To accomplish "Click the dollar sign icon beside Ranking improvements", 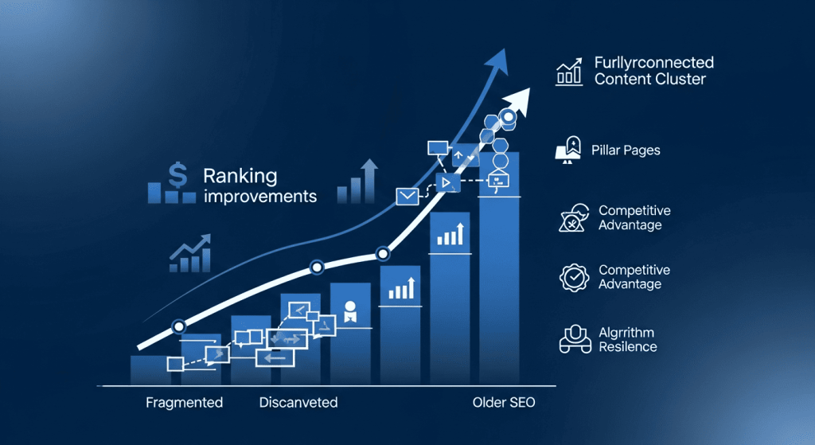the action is [177, 174].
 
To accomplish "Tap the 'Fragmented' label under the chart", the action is [184, 402].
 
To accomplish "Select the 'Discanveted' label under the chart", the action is [298, 402].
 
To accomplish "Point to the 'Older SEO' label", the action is [504, 402].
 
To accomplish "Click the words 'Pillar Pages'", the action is [626, 150].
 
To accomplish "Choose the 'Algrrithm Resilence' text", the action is [628, 339].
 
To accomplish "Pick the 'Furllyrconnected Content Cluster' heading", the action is [654, 71].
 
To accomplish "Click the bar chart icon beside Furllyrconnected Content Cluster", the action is [569, 72].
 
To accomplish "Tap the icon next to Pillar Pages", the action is [568, 150].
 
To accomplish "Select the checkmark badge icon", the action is [575, 278].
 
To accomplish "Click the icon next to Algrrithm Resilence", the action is [575, 339].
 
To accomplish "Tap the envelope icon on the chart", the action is [407, 197].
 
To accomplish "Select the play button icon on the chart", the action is [447, 182].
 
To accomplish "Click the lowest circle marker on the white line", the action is [179, 326].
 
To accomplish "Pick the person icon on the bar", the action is [350, 311].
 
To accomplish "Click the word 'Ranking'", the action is [240, 176].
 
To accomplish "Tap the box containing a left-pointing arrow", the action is [275, 357].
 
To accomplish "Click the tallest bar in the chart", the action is [499, 267].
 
